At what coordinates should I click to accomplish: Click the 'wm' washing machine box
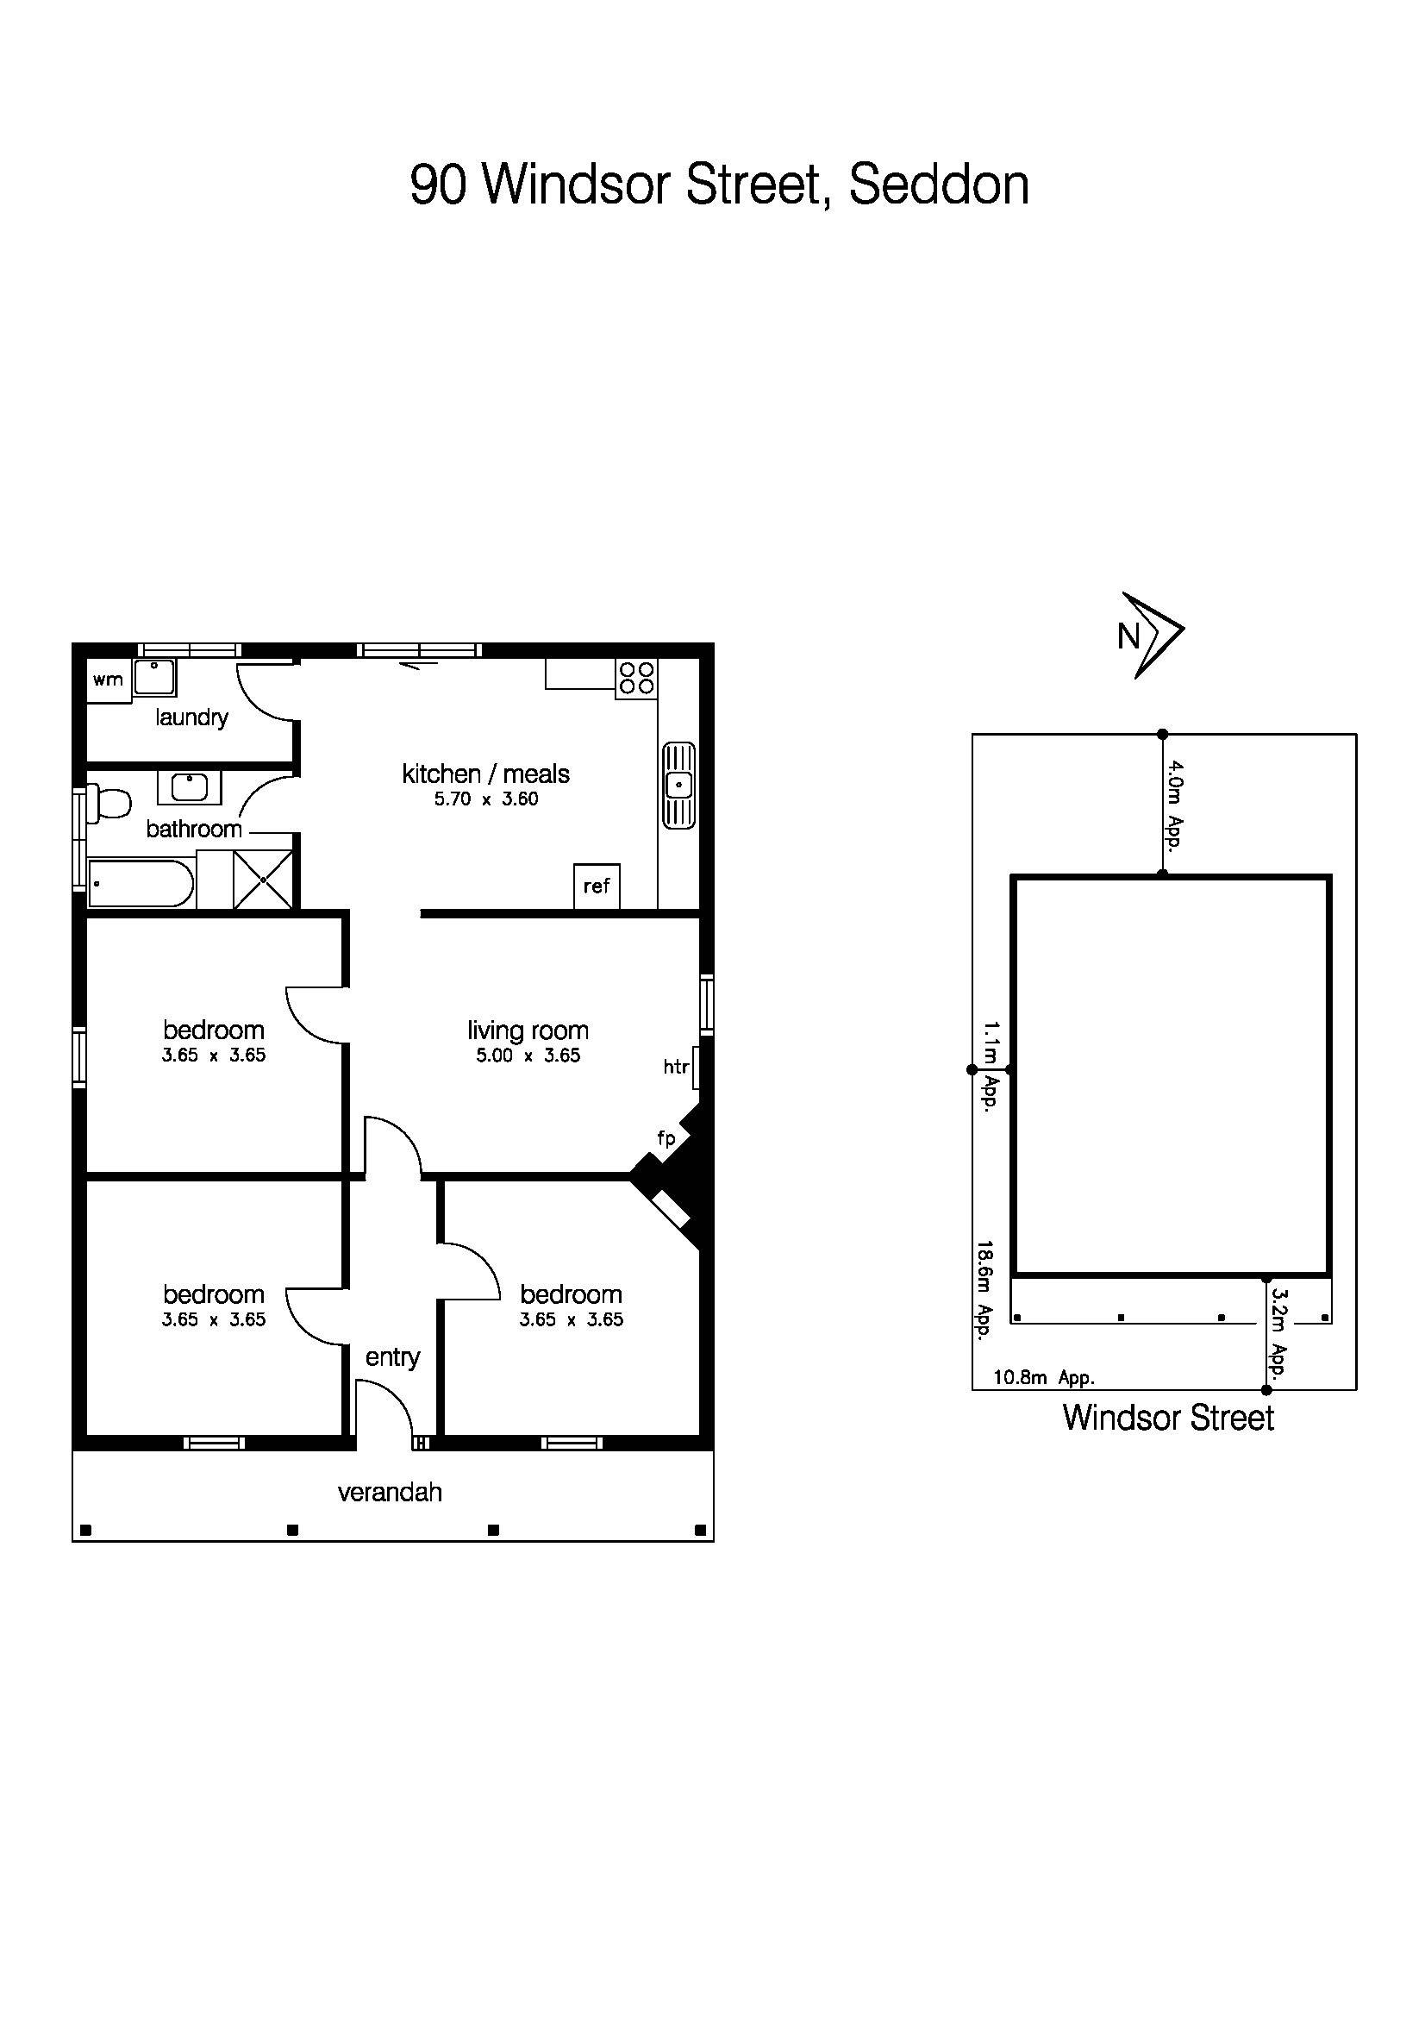108,680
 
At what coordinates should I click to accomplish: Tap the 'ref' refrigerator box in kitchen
597,886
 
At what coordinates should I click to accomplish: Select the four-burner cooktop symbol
636,678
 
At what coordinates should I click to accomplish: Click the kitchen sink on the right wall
678,785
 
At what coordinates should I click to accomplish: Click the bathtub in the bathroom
140,884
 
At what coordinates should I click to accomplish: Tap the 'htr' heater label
675,1068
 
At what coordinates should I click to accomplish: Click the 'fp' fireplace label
666,1138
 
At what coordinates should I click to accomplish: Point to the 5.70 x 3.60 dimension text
485,799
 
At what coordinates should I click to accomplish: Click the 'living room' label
527,1030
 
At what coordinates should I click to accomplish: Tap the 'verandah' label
390,1492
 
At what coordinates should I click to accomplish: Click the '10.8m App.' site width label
1043,1377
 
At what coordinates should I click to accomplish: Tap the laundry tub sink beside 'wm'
154,677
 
